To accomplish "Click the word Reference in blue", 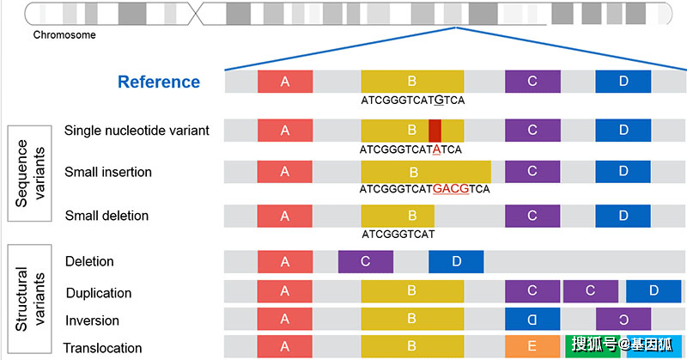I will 159,82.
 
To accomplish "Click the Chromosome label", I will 64,35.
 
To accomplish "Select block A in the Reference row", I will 284,82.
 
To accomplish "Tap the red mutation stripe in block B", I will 435,130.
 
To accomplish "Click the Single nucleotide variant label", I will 137,130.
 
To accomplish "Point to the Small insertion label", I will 108,172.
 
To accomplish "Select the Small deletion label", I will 106,216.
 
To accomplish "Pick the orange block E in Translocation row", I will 532,346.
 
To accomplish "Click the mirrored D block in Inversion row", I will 532,319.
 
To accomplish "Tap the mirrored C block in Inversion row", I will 623,319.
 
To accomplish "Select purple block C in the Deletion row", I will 366,261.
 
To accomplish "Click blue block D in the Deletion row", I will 456,261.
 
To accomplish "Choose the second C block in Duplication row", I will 590,290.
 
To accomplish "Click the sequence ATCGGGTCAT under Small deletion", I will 398,233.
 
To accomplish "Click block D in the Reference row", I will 623,82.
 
